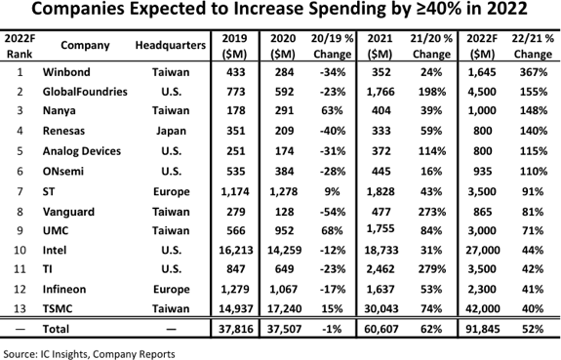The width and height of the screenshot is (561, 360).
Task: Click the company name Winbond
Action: tap(65, 72)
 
